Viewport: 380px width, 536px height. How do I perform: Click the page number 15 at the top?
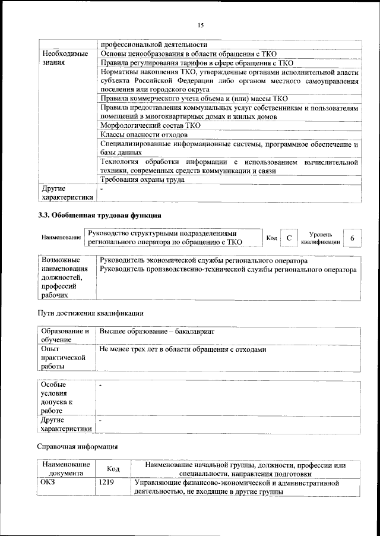(200, 25)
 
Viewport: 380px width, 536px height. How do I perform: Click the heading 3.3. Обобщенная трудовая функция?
(99, 215)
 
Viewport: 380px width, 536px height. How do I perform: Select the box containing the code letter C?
(289, 238)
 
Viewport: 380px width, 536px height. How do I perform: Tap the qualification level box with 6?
(353, 238)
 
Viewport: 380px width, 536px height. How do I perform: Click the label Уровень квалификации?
(321, 238)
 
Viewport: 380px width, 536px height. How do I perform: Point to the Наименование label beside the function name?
(61, 238)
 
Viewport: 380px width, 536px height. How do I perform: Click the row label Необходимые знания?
(65, 58)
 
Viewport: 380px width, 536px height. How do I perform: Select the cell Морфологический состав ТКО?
(150, 125)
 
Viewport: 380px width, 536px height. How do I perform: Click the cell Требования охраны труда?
(142, 179)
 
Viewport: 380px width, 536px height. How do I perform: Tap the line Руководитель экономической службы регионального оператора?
(204, 261)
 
